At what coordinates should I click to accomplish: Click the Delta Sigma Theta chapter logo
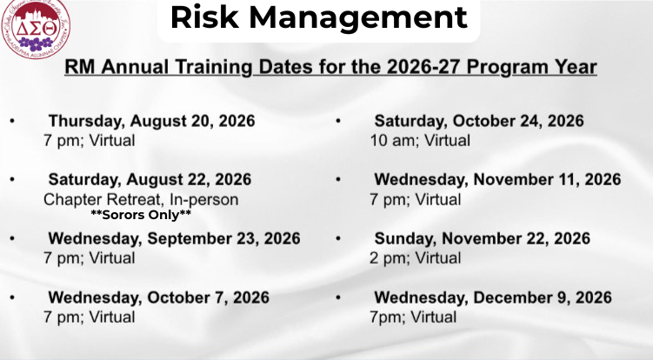click(x=36, y=28)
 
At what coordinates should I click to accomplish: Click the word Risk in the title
click(x=204, y=17)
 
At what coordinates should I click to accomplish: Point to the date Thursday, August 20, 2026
click(x=151, y=121)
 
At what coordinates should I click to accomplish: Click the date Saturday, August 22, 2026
click(x=150, y=180)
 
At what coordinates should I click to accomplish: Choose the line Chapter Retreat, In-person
click(x=141, y=200)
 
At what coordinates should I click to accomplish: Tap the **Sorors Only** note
click(x=141, y=215)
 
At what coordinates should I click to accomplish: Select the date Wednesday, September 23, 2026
click(x=174, y=239)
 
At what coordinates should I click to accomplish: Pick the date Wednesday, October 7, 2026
click(x=158, y=298)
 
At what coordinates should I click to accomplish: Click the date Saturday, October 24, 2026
click(x=479, y=121)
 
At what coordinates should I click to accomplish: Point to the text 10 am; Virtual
click(x=420, y=140)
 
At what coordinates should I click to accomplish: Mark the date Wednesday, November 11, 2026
click(x=497, y=180)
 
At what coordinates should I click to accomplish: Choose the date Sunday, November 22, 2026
click(x=483, y=239)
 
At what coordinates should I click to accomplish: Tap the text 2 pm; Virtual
click(x=416, y=258)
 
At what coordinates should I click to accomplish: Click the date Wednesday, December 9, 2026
click(x=493, y=298)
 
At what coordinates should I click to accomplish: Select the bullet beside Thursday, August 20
click(x=12, y=121)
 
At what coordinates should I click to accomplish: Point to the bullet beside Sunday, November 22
click(x=338, y=238)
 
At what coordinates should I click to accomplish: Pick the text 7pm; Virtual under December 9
click(x=413, y=317)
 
